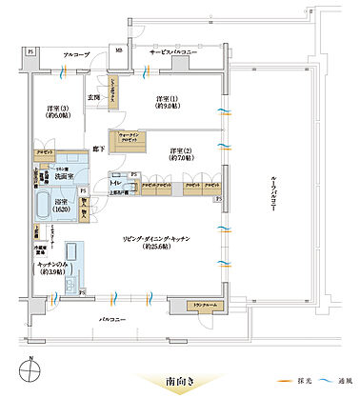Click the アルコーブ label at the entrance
coord(75,56)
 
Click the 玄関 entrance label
coord(95,98)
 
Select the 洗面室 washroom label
coord(64,178)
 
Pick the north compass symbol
coord(31,366)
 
